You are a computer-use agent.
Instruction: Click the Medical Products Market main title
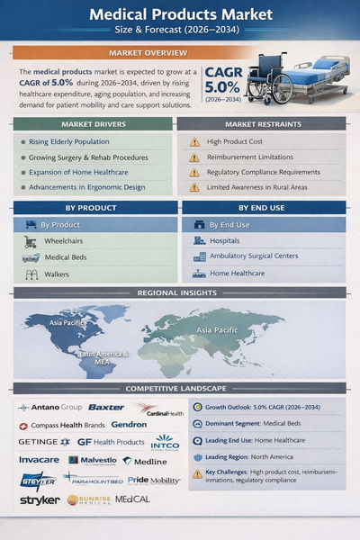(x=180, y=15)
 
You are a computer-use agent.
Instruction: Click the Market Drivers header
(x=93, y=123)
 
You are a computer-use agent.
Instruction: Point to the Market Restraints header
(x=262, y=123)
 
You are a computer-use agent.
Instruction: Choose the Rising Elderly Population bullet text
(x=76, y=142)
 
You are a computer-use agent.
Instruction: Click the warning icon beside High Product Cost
(x=194, y=142)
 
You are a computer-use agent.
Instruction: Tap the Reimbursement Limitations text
(x=251, y=157)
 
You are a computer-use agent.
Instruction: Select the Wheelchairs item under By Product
(x=64, y=240)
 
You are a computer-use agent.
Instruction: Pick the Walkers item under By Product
(x=57, y=273)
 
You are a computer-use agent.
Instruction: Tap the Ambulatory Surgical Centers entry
(x=253, y=256)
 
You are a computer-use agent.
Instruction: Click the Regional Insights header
(x=180, y=293)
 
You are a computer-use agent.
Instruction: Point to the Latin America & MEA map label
(x=103, y=357)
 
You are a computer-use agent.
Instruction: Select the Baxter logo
(x=106, y=408)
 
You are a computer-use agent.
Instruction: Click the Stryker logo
(x=40, y=499)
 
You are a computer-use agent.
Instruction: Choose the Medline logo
(x=149, y=460)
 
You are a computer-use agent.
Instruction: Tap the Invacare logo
(x=39, y=460)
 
